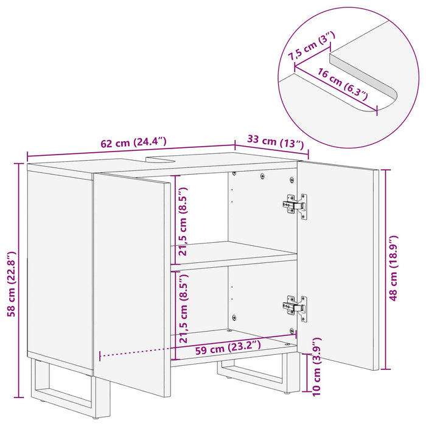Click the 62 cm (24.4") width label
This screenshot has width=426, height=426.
(x=133, y=143)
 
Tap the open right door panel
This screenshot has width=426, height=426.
(x=338, y=268)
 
